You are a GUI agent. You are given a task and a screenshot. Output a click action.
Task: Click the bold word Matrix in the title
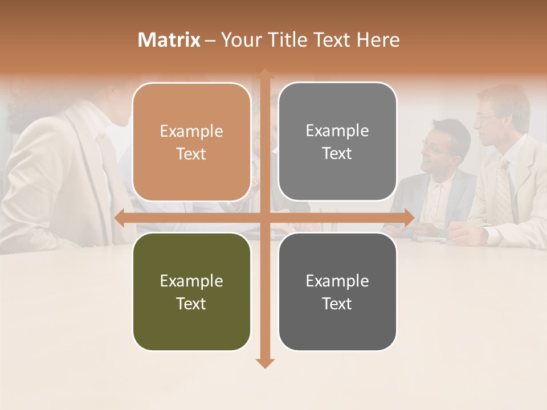tap(169, 40)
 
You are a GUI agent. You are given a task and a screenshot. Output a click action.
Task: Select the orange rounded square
tap(191, 142)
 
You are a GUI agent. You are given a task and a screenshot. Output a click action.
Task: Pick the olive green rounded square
tap(191, 292)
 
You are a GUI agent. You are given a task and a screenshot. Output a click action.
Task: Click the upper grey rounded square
tap(337, 141)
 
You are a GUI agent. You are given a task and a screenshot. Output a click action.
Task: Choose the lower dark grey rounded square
tap(337, 292)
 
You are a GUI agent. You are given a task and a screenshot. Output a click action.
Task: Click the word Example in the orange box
tap(191, 132)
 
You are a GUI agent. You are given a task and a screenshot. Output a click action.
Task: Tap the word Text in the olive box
tap(191, 304)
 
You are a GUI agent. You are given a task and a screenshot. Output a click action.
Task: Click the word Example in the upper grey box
tap(337, 131)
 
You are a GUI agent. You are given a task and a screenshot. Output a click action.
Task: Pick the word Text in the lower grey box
tap(337, 304)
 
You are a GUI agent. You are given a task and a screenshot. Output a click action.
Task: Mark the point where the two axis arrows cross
tap(264, 218)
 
